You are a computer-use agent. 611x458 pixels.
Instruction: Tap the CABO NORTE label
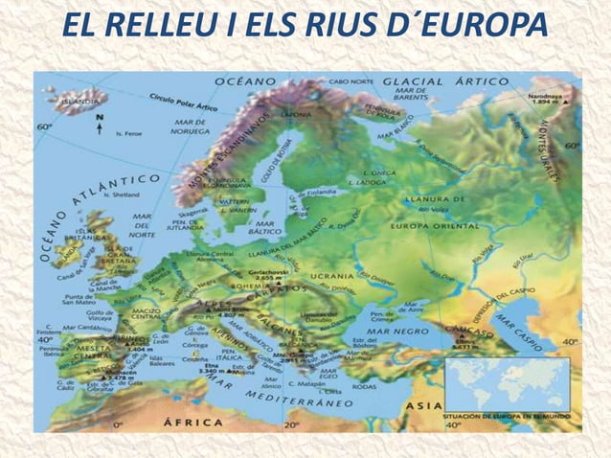(351, 81)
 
